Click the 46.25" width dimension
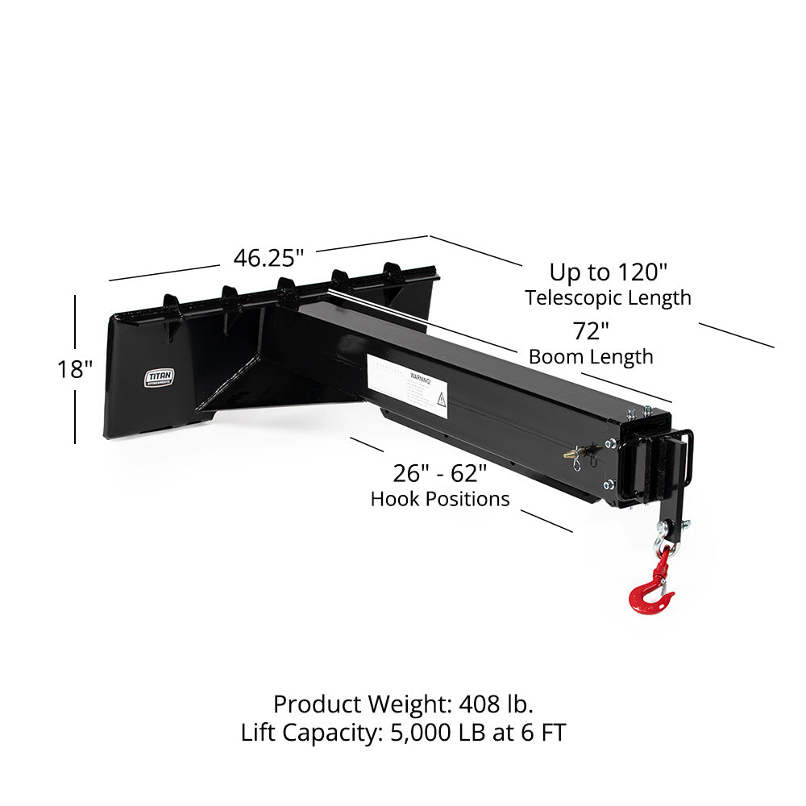coord(268,258)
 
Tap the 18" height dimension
coord(75,369)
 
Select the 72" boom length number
coord(590,330)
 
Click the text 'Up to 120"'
coord(609,271)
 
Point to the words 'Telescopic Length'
coord(609,297)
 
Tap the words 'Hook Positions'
coord(439,499)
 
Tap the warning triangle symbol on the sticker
coord(441,398)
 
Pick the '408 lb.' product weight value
coord(496,704)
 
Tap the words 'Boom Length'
coord(590,356)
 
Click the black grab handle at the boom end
coord(686,459)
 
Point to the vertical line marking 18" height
coord(75,322)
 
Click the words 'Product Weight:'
coord(362,704)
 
